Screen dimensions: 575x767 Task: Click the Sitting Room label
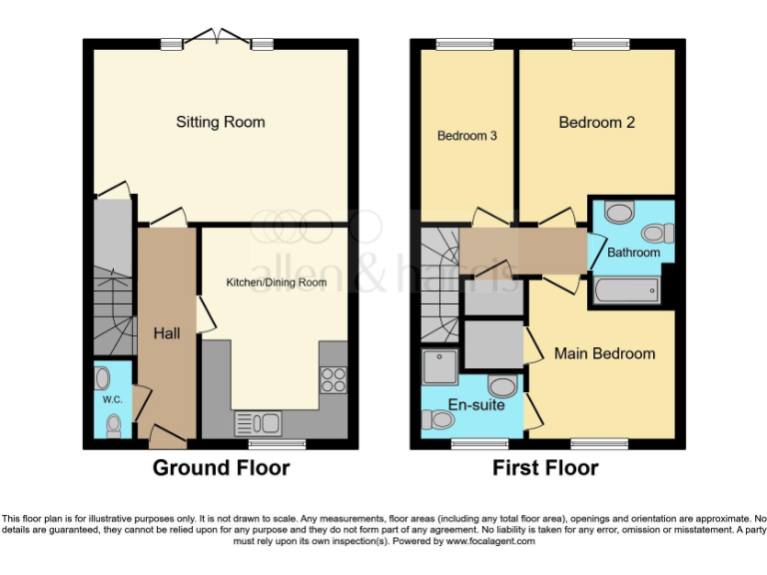pos(221,122)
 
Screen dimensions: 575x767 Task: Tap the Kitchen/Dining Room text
pos(276,283)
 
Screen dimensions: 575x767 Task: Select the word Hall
pos(167,332)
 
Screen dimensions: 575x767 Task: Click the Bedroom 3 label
pos(467,136)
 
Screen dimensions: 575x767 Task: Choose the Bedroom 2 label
pos(596,122)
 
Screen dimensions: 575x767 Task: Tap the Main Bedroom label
pos(605,353)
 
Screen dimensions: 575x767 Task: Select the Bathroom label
pos(634,253)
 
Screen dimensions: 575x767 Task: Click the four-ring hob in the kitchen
pos(332,380)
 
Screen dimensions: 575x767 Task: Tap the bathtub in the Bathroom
pos(624,290)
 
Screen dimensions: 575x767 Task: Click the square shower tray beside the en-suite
pos(440,366)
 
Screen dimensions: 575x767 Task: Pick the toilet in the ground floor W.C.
pos(113,426)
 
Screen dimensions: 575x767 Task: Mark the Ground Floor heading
pos(221,467)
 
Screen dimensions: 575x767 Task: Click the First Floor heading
pos(545,467)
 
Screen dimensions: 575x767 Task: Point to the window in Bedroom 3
pos(457,44)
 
